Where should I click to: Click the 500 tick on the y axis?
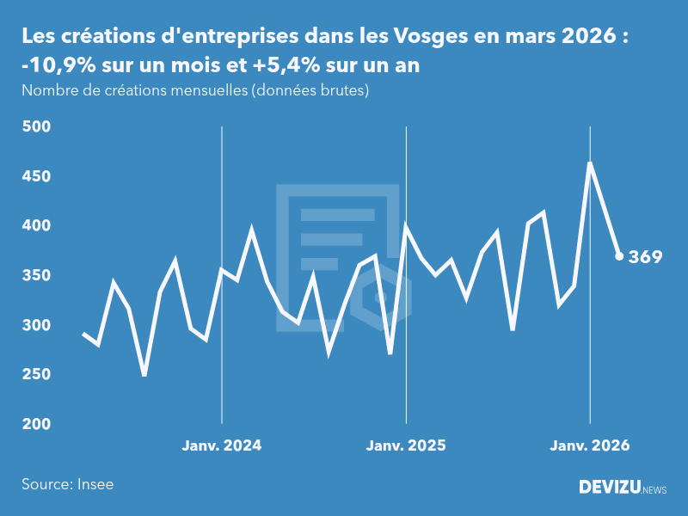click(x=36, y=127)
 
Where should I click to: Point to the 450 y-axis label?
click(x=36, y=177)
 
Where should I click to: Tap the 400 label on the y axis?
click(x=36, y=226)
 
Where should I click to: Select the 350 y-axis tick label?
click(x=36, y=276)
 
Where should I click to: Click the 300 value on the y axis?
click(x=36, y=326)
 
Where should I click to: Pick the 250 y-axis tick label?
click(x=36, y=375)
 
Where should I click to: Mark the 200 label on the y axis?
click(x=36, y=425)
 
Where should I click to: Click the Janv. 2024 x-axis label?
click(x=222, y=445)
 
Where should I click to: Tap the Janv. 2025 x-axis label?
click(x=406, y=445)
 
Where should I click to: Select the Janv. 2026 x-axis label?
click(x=590, y=445)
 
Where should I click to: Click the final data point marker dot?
click(x=619, y=256)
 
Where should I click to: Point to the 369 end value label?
click(x=645, y=257)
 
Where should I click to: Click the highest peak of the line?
click(x=590, y=163)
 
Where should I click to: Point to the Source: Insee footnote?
click(x=68, y=484)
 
